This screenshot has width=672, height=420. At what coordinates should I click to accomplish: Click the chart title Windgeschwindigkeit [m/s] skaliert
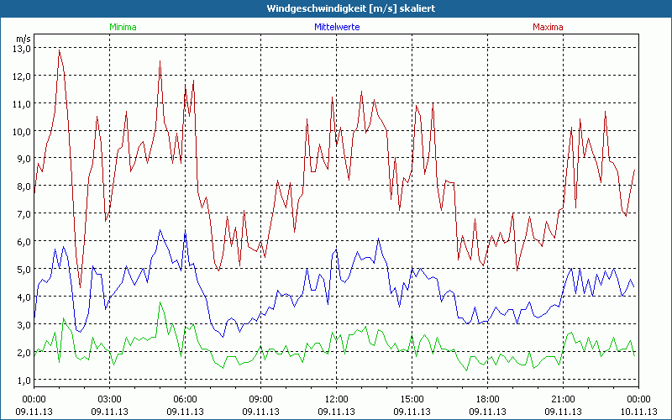tap(336, 8)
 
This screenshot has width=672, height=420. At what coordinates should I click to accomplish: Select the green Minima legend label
tap(123, 27)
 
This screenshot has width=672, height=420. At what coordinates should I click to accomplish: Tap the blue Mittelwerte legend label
tap(336, 27)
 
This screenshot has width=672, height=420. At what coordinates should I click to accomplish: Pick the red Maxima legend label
tap(548, 27)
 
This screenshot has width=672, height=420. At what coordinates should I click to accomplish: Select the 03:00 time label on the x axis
tap(109, 398)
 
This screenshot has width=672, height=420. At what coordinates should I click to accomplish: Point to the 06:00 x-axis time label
tap(185, 398)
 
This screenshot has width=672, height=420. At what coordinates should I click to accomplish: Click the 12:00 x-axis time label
tap(336, 398)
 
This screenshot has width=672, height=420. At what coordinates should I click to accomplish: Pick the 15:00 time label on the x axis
tap(412, 398)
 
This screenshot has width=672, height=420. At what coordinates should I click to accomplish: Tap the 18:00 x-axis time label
tap(487, 398)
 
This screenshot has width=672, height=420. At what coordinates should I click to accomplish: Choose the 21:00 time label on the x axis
tap(563, 398)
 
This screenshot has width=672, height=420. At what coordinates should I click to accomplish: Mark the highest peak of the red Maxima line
tap(59, 50)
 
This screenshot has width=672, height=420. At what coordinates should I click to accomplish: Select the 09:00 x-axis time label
tap(260, 398)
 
